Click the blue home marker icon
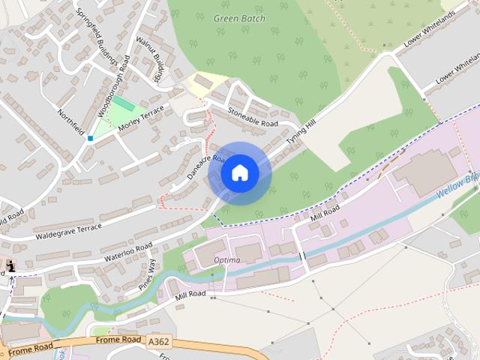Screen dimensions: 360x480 [240, 172]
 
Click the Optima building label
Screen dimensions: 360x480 [226, 260]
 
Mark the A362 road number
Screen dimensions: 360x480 [158, 341]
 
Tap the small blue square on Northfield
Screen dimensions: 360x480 [90, 138]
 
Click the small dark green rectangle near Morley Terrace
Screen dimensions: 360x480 [120, 102]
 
